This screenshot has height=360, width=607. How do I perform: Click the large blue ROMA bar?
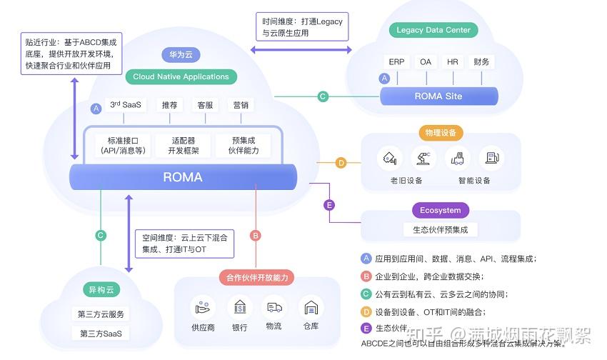point(183,177)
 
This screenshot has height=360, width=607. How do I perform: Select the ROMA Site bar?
point(438,96)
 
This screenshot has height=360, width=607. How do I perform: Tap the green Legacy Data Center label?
point(433,30)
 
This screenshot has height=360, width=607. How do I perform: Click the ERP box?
point(397,62)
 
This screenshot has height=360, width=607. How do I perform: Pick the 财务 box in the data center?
point(481,62)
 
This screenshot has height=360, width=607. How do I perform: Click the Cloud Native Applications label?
point(181,76)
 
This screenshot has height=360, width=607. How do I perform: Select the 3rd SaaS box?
point(126,105)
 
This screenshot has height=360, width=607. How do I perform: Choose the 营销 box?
point(241,105)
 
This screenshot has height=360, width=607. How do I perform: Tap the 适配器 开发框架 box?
point(183,145)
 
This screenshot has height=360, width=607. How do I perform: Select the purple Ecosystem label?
point(440,211)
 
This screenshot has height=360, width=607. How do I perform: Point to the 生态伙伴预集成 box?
point(440,230)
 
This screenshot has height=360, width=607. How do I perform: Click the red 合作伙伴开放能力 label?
point(256,278)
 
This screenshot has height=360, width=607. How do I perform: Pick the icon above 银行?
point(240,307)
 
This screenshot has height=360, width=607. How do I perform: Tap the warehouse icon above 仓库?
point(311,307)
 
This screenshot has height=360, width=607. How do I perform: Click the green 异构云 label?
point(101,290)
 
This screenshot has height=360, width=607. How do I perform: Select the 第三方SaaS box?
point(101,334)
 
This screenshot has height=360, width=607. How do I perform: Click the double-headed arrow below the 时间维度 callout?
point(301,49)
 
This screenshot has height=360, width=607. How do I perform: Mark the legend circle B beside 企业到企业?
point(366,276)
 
